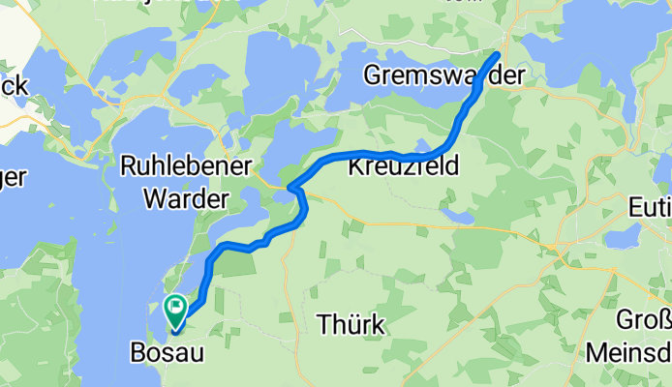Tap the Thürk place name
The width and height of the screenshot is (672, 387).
coord(351,324)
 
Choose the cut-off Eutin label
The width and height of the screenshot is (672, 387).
coord(650,206)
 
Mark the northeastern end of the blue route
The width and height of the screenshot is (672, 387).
coord(499,54)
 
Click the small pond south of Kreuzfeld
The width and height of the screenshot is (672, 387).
coord(456,214)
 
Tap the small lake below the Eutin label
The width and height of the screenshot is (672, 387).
coord(620,238)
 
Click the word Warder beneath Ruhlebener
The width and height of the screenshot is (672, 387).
coord(186,199)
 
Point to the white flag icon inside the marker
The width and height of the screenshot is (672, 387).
coord(176,307)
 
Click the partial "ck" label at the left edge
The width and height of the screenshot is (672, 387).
coord(13,86)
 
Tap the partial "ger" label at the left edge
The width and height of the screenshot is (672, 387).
coord(13,178)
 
